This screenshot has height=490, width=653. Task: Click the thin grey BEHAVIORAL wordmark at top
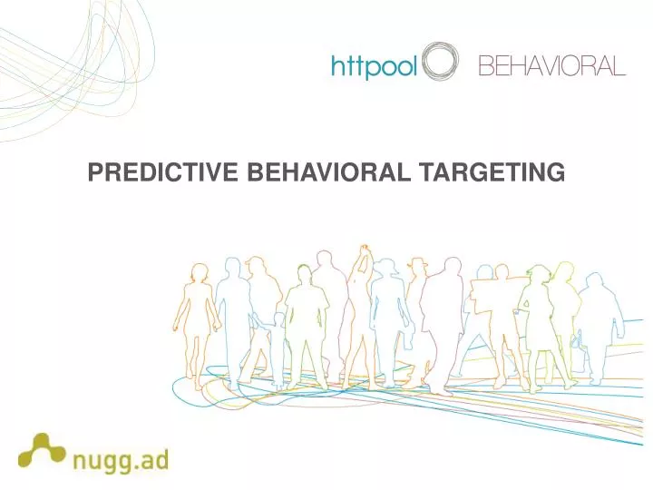551,66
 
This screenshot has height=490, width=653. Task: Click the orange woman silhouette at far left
195,318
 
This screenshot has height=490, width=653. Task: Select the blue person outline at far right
599,327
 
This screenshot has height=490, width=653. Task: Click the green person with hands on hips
306,318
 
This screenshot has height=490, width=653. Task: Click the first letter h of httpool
336,67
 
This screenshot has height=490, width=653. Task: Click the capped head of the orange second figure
257,266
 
